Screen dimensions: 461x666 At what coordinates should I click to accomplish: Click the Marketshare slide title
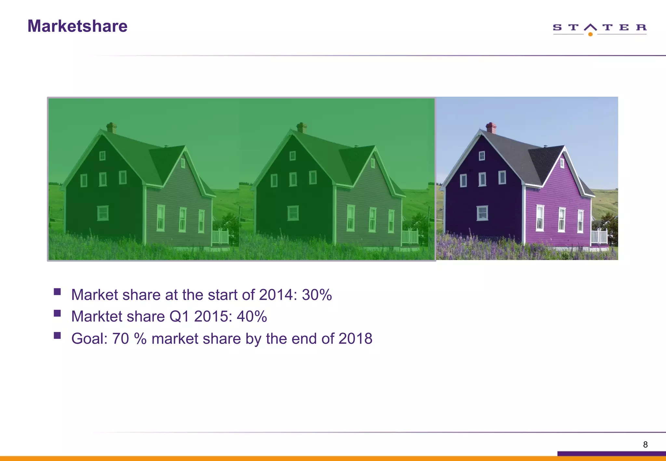click(77, 26)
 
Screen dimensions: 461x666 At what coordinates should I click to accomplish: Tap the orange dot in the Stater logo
click(590, 34)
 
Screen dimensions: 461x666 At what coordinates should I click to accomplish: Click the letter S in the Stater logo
click(557, 27)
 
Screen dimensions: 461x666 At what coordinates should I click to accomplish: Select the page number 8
click(645, 444)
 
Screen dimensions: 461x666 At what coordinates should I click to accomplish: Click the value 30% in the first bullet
click(317, 295)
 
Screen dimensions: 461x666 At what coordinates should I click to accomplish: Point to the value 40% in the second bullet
click(252, 316)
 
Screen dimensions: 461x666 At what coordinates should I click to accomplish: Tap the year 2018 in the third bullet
click(355, 338)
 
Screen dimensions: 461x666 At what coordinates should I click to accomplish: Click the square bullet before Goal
click(58, 335)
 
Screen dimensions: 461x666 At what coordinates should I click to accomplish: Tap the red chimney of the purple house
click(491, 128)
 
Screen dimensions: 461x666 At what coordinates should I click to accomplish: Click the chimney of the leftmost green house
click(112, 127)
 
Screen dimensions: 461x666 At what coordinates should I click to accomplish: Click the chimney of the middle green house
click(302, 127)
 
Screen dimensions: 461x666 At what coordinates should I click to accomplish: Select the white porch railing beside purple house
click(599, 237)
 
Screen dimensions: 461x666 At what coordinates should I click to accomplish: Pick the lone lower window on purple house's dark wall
click(482, 213)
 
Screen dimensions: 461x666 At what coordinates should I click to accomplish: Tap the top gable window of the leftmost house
click(102, 156)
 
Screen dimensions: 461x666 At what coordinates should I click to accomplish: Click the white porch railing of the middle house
click(409, 237)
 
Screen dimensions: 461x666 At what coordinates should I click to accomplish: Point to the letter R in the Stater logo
click(641, 27)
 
